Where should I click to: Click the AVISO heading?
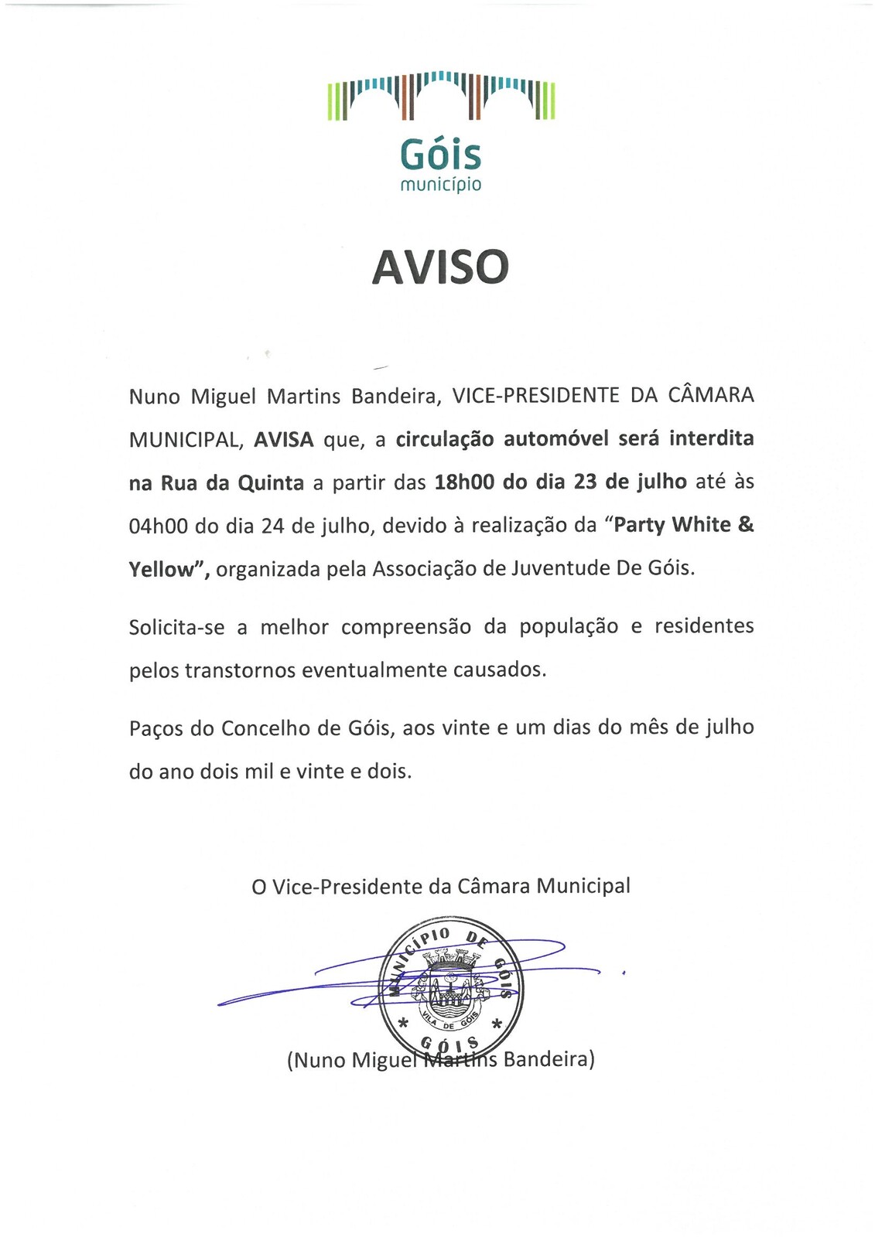[x=440, y=267]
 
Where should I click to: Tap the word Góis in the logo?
[x=440, y=155]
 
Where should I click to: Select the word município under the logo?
[x=440, y=185]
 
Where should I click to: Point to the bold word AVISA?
[x=284, y=439]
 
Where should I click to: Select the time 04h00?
[x=159, y=526]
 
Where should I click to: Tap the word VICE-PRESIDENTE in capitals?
[x=535, y=395]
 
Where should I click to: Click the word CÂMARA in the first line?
[x=710, y=395]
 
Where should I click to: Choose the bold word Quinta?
[x=271, y=483]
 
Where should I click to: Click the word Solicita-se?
[x=177, y=626]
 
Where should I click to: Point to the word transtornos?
[x=241, y=670]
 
